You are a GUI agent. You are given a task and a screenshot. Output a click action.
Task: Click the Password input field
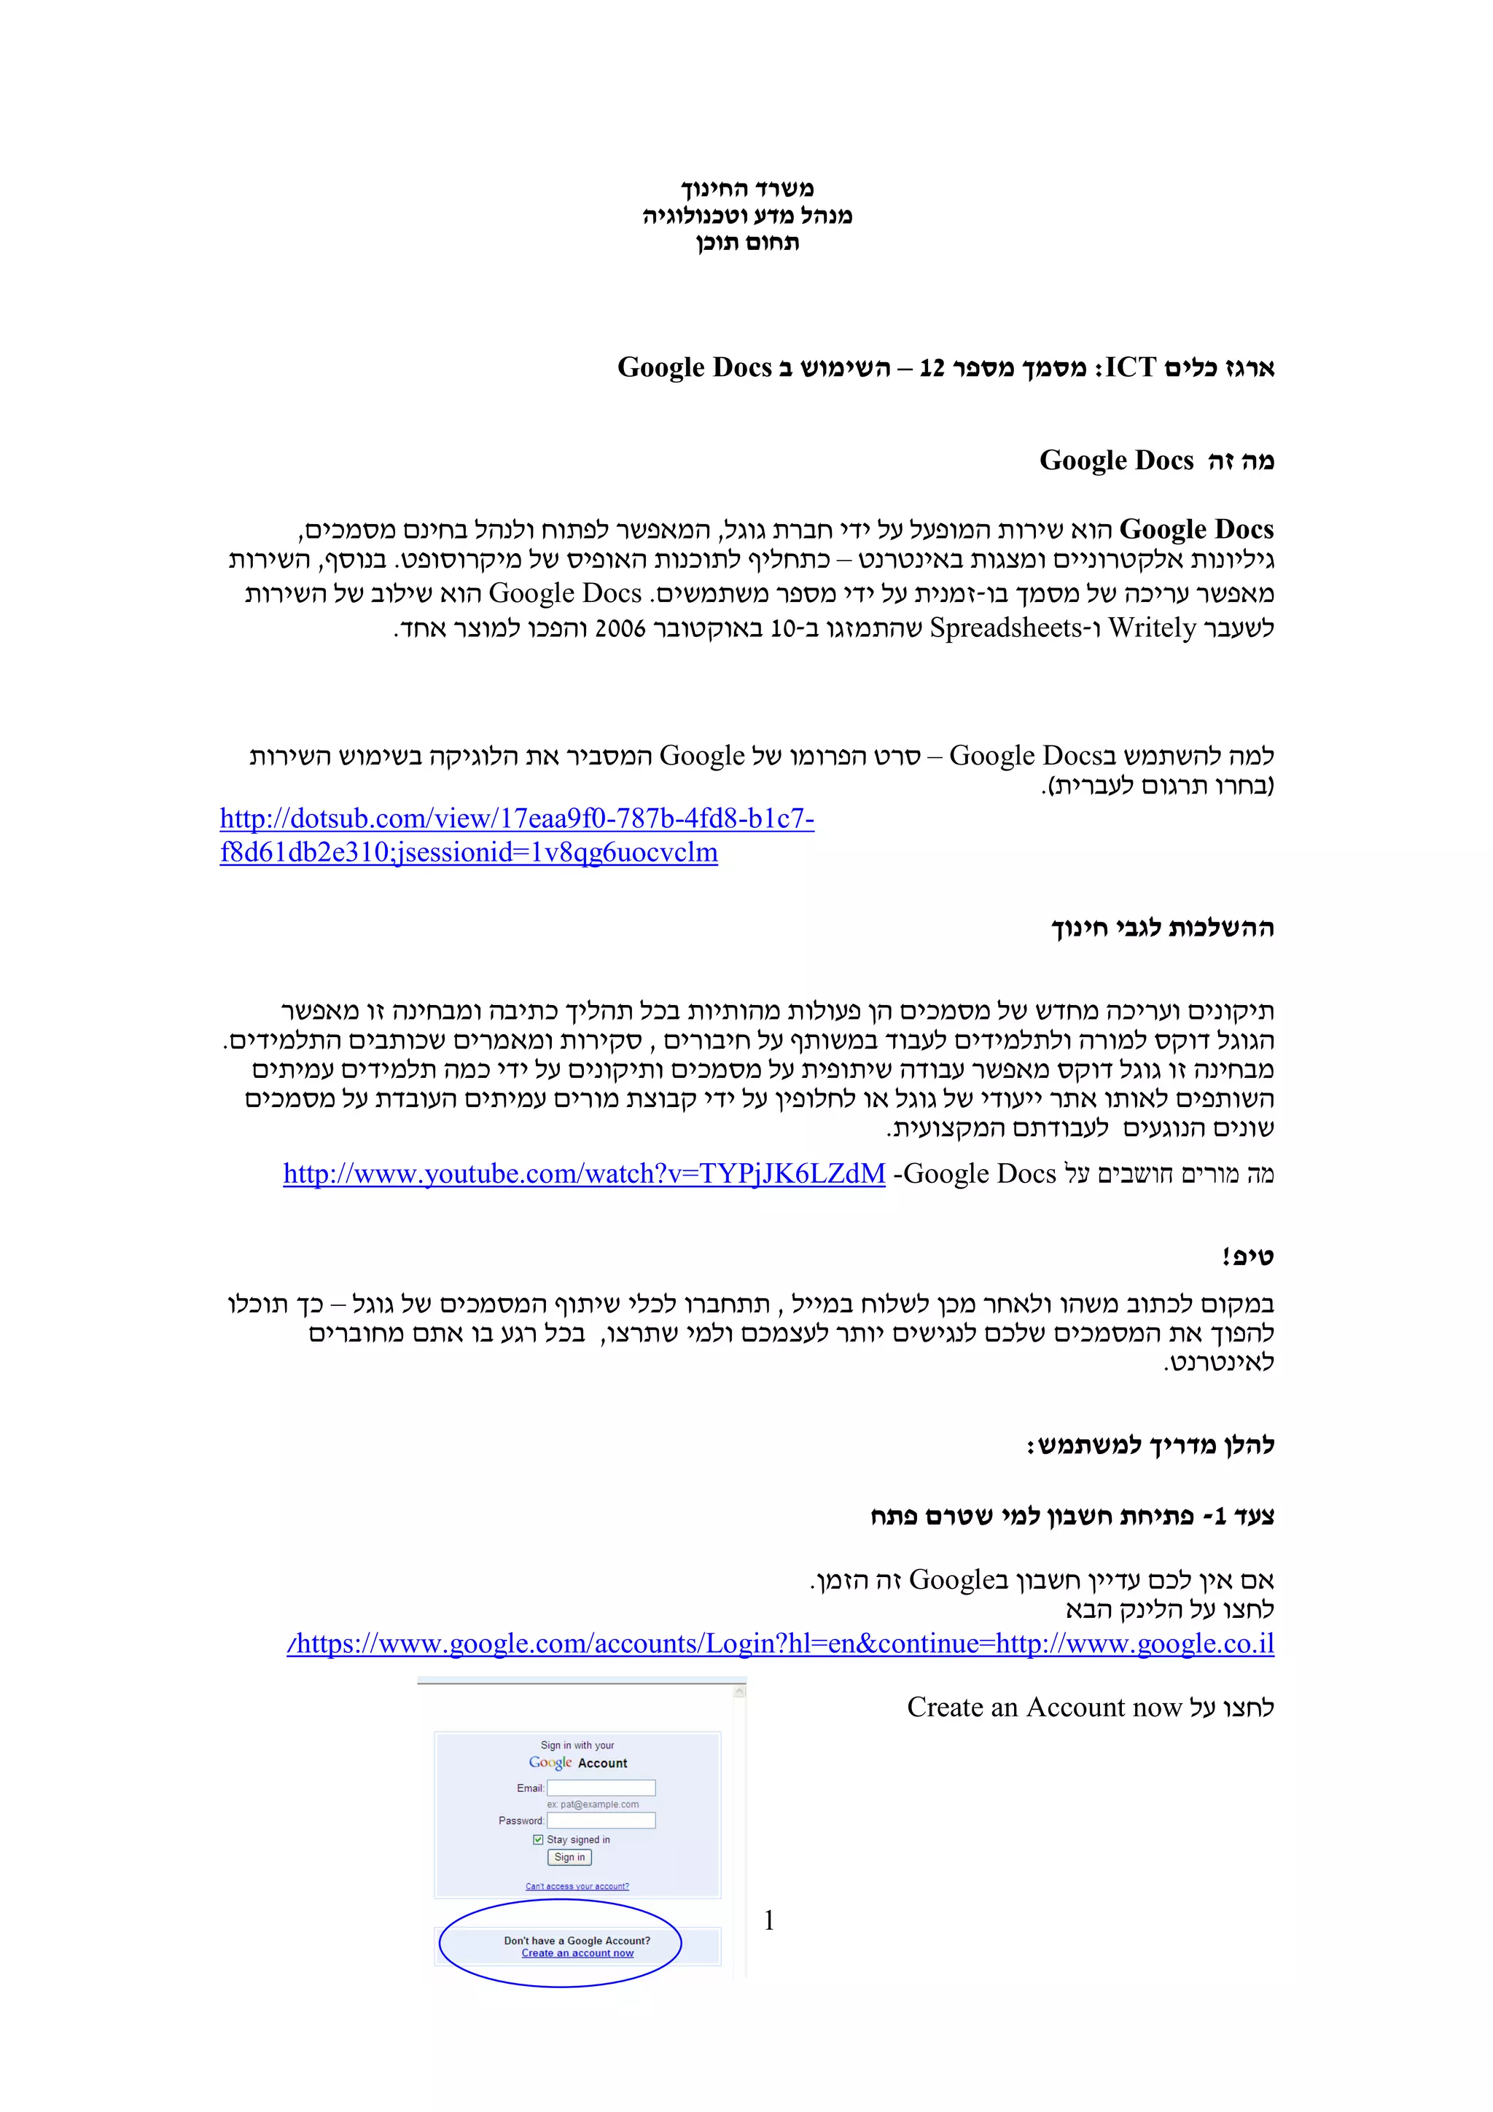click(601, 1820)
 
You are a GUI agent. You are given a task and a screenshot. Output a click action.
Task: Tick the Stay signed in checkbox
click(538, 1839)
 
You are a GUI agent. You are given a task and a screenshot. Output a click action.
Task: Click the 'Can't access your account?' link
click(577, 1886)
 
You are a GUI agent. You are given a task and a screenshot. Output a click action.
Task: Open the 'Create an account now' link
click(577, 1953)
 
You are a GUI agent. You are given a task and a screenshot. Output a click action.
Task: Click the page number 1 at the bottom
click(769, 1920)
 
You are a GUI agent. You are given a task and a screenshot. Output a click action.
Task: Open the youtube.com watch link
click(584, 1174)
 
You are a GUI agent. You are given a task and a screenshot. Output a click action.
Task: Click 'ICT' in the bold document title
click(1131, 368)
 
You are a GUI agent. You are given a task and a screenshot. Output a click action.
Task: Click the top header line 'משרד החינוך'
click(747, 189)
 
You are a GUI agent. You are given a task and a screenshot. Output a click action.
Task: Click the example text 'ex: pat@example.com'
click(593, 1804)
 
